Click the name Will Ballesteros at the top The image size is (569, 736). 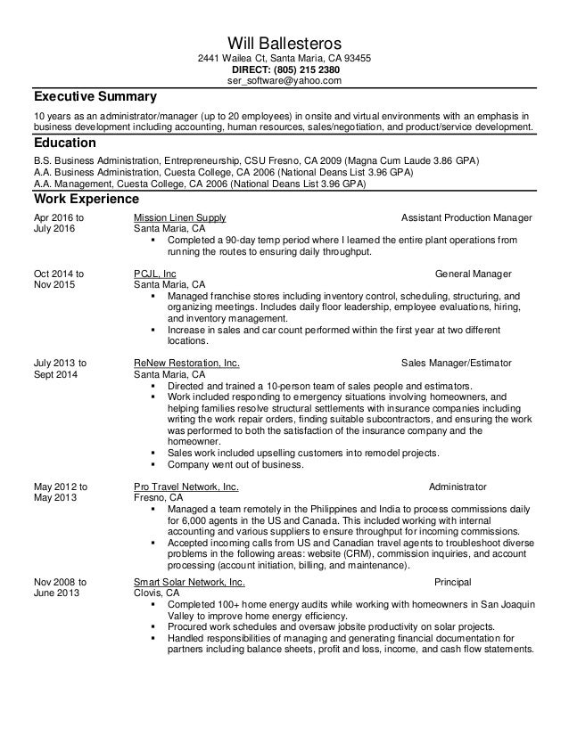pos(284,42)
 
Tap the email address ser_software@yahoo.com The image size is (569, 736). pos(284,81)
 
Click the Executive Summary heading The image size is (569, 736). pos(95,96)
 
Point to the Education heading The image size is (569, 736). pos(64,143)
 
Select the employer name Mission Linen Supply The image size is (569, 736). pos(179,217)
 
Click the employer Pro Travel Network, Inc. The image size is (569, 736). pos(186,487)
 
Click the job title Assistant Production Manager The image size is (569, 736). pos(467,217)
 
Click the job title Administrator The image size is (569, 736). pos(458,487)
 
